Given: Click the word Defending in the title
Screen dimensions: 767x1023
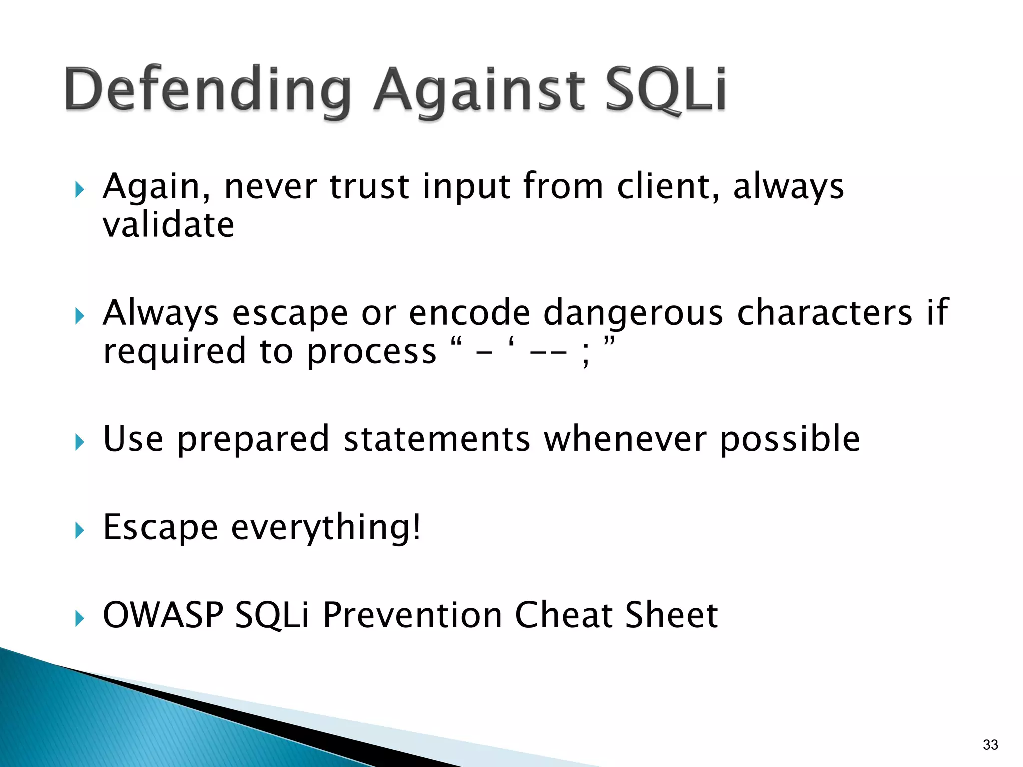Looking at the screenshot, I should tap(207, 90).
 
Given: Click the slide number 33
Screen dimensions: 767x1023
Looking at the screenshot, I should tap(990, 745).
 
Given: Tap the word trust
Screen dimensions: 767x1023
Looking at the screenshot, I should tap(370, 187).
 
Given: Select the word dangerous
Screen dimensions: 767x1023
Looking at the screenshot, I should tap(633, 313).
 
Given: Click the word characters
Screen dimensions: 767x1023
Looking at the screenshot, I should tap(825, 313).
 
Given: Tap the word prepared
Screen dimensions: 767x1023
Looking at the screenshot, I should tap(253, 439).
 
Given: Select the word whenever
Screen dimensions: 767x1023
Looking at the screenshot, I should tap(625, 439).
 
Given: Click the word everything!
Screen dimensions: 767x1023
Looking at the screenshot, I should tap(326, 527).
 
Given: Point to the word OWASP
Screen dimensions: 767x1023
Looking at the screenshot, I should tap(163, 615).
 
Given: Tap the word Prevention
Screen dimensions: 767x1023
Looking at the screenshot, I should tap(412, 615).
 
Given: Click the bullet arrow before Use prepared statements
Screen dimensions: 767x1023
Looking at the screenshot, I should tap(80, 442).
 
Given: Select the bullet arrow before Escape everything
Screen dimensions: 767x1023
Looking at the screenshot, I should tap(80, 530).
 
